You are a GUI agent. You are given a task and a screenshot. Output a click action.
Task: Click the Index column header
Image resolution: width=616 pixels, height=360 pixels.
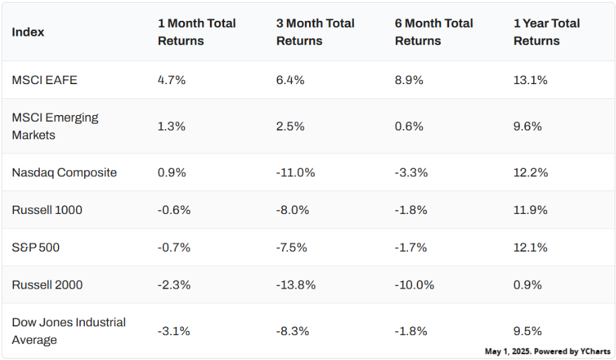[28, 32]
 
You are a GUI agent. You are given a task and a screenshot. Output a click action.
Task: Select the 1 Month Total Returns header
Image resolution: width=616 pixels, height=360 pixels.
[197, 32]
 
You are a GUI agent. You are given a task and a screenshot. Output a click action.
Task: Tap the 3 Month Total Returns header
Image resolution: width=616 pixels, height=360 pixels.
[315, 32]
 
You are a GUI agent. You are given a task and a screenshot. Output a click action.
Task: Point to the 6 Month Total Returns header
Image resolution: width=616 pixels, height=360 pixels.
[434, 32]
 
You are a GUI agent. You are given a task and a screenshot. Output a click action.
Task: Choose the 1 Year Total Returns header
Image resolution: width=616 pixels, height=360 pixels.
[546, 32]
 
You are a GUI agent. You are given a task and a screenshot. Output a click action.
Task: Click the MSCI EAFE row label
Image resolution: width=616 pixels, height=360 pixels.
[44, 80]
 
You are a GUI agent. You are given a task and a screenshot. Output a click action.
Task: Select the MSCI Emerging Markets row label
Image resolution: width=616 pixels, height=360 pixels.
[55, 127]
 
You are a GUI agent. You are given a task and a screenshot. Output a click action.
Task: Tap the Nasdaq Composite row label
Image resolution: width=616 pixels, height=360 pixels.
[64, 173]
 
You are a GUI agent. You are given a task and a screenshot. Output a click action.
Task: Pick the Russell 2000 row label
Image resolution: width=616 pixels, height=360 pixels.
[47, 285]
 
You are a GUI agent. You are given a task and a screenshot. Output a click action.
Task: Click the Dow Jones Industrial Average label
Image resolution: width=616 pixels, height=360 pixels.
[69, 331]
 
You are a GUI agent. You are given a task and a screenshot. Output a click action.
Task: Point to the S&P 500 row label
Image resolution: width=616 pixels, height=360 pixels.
[36, 248]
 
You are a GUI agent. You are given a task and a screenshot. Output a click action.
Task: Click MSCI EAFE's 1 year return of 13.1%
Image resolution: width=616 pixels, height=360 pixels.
[531, 80]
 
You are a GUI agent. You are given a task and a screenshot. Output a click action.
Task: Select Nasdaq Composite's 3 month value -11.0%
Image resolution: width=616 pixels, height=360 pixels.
[296, 173]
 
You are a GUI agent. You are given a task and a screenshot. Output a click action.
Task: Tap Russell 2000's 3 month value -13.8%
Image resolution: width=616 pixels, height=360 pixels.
[296, 285]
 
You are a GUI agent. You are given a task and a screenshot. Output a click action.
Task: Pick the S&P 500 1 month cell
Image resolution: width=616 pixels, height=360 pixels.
[174, 248]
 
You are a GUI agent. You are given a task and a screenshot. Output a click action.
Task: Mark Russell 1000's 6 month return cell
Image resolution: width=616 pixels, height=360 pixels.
[411, 210]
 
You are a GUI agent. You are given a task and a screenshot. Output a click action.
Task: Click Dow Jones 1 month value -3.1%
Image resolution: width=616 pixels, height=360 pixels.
[174, 331]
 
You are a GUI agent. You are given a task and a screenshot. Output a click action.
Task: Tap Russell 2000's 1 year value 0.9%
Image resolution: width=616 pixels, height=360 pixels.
[528, 285]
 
